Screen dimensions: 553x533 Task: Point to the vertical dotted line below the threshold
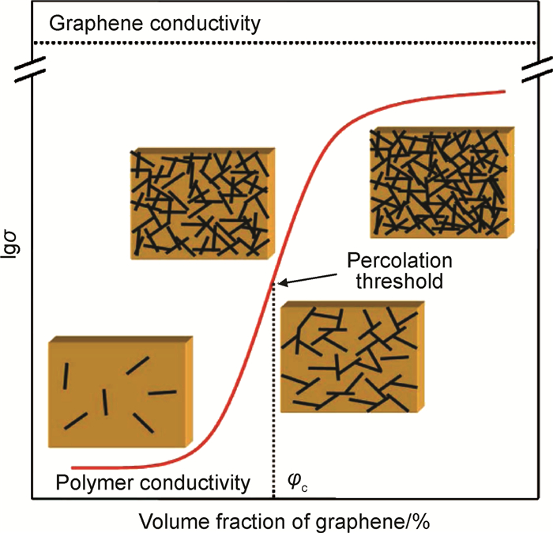[273, 395]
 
